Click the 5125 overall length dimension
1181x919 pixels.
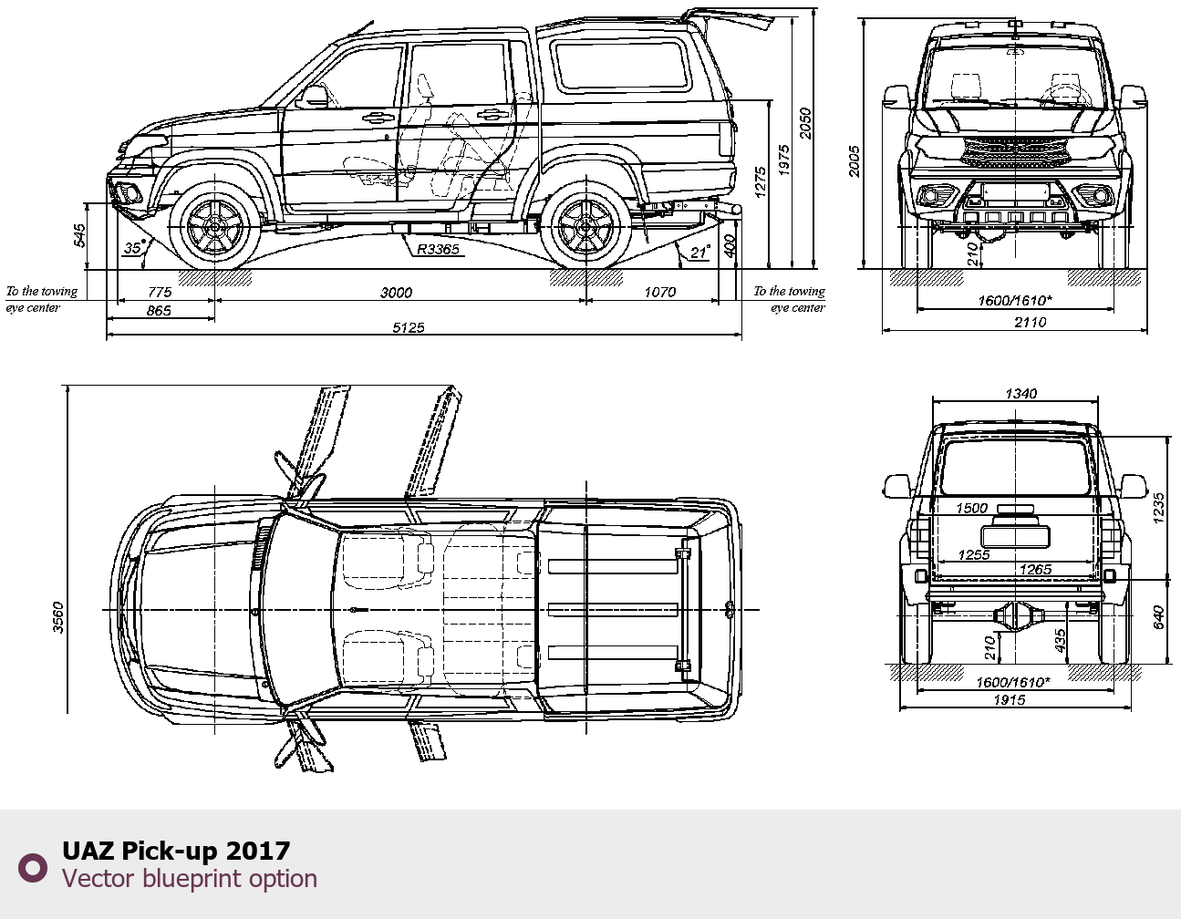[409, 327]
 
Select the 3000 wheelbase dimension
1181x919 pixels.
[396, 293]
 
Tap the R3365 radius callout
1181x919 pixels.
[438, 249]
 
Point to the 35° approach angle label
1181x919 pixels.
[134, 247]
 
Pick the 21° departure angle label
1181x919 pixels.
[700, 252]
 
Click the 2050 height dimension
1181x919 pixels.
[805, 123]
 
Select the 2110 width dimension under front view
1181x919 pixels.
[1030, 322]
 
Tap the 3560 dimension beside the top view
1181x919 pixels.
[58, 617]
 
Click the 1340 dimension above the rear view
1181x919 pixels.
[1020, 393]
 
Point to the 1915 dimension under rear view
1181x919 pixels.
[1010, 700]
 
